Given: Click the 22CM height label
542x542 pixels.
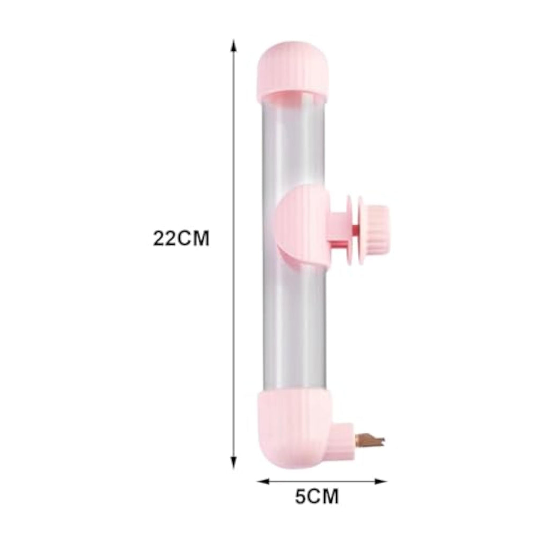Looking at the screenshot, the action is tap(181, 238).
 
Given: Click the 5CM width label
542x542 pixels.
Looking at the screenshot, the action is tap(317, 496).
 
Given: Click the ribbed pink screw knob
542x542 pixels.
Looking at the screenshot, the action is tap(377, 228).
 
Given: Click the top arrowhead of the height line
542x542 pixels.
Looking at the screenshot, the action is tap(234, 46).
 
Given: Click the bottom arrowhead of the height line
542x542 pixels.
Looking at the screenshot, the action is tap(234, 462).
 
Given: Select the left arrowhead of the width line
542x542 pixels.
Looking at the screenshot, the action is tap(264, 481).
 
